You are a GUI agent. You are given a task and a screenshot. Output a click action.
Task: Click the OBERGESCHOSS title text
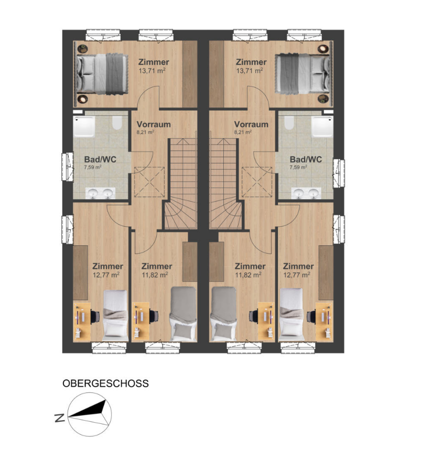click(x=105, y=384)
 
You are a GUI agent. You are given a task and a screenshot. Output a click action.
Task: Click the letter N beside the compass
click(x=60, y=418)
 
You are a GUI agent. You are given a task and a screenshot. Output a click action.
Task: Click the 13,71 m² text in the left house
click(x=152, y=70)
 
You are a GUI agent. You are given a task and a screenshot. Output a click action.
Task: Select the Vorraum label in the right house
click(x=251, y=124)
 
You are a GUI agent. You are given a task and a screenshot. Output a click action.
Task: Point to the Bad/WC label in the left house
click(x=100, y=159)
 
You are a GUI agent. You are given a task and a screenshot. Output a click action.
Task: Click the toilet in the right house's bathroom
click(x=289, y=123)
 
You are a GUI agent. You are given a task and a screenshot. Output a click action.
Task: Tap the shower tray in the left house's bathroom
click(x=84, y=126)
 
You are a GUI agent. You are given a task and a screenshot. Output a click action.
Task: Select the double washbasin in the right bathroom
click(x=306, y=193)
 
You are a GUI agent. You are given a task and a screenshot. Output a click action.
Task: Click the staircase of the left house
click(x=180, y=184)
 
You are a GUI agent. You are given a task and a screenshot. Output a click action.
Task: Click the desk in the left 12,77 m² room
click(x=82, y=322)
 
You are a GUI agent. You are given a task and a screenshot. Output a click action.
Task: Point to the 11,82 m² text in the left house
click(x=155, y=275)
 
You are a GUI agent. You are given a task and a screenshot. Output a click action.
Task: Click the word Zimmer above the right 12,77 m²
click(x=298, y=266)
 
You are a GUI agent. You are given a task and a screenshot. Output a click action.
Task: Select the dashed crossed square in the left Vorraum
click(x=149, y=182)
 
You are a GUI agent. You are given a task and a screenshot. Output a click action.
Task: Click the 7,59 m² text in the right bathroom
click(x=298, y=167)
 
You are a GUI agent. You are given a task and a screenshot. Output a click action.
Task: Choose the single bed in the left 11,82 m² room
click(x=184, y=314)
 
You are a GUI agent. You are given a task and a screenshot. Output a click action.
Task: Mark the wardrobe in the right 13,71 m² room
click(x=217, y=74)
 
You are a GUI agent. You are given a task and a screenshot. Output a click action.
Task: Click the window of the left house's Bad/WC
click(x=67, y=166)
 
